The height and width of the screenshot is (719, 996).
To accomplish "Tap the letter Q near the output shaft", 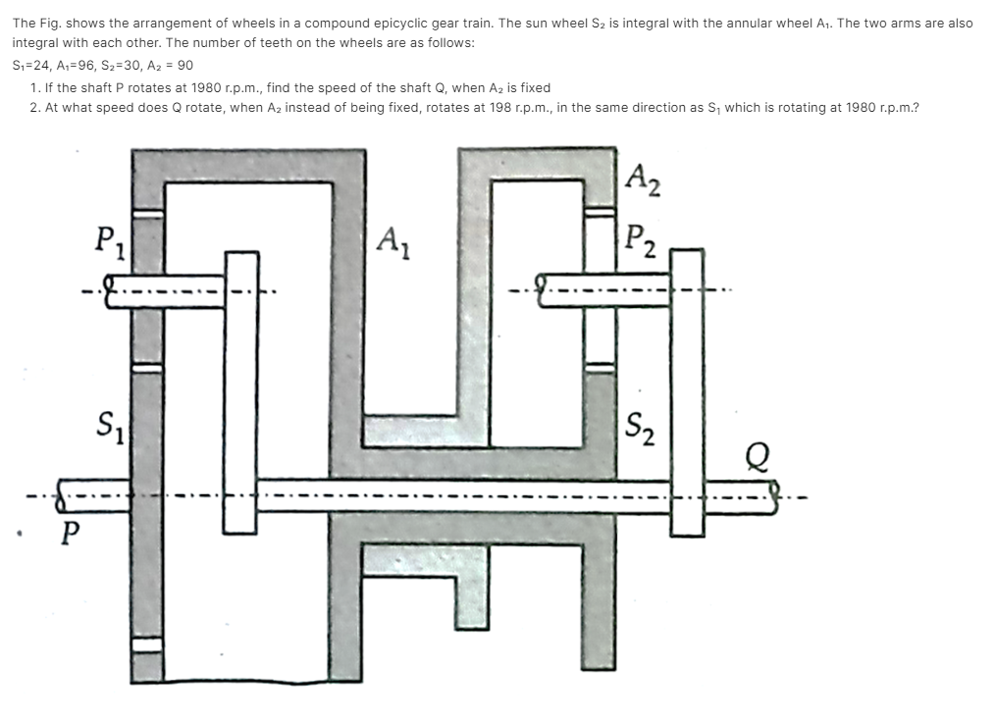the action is click(758, 455).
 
